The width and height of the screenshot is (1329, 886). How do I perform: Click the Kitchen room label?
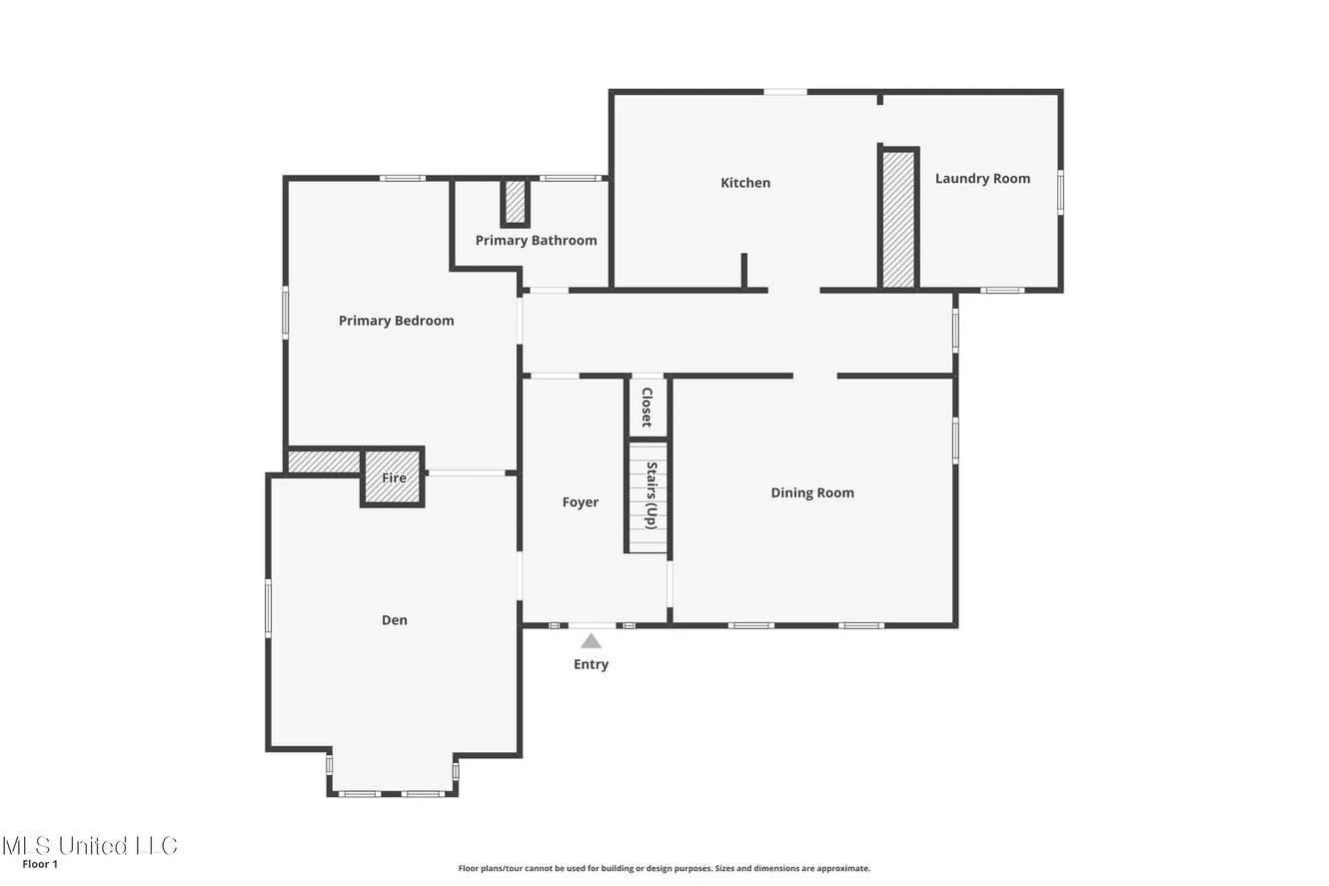click(745, 183)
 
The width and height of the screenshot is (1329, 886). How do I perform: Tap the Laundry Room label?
click(982, 179)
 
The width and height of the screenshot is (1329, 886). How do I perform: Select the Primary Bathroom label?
click(536, 240)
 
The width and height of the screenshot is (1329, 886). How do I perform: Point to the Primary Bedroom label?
click(397, 321)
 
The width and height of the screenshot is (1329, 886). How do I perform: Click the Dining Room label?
click(812, 492)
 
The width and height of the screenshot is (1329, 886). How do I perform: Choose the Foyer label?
click(581, 502)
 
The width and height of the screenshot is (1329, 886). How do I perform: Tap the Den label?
click(394, 620)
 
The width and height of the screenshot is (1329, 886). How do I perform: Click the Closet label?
click(648, 407)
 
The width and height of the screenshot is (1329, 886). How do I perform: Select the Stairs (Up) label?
click(652, 495)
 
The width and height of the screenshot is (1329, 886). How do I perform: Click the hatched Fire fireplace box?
click(393, 477)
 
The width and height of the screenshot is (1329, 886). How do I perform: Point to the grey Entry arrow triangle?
click(591, 641)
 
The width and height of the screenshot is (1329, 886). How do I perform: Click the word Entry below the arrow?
click(591, 664)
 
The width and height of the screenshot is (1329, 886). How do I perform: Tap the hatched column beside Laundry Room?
click(898, 219)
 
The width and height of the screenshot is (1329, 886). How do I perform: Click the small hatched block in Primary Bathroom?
click(515, 202)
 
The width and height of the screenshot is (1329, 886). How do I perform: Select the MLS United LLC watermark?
click(90, 846)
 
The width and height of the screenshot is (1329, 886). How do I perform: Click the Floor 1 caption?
click(40, 864)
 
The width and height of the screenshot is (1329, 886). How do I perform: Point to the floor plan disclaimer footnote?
click(664, 868)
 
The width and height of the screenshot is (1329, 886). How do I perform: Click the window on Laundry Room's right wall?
click(1060, 192)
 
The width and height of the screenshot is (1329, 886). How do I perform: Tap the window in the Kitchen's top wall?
click(785, 92)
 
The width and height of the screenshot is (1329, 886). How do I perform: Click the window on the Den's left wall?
click(268, 608)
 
